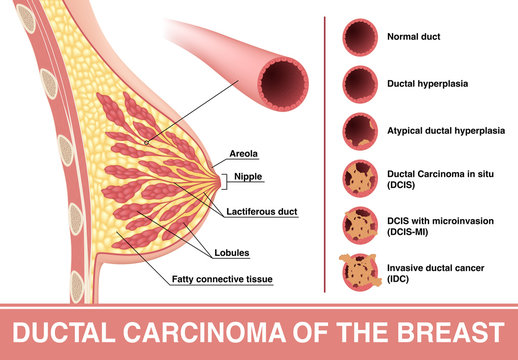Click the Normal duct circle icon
pos(361,38)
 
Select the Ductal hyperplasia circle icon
pos(361,83)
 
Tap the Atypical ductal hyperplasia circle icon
pos(361,130)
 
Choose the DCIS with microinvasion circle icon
pos(361,224)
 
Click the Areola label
pos(244,154)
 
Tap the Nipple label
pos(247,177)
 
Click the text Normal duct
pos(413,38)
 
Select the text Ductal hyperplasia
pos(428,83)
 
